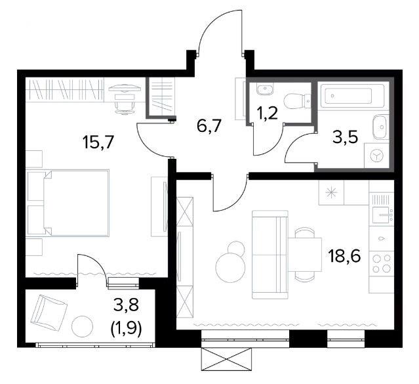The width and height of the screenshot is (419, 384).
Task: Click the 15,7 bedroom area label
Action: [98, 142]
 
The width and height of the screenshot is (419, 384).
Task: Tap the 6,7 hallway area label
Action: [209, 125]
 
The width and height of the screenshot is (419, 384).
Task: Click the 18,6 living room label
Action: [345, 256]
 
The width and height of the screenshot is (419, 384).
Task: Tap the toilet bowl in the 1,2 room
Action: [297, 101]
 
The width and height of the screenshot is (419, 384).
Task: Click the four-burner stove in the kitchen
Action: [382, 264]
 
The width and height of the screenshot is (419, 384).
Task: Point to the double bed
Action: [68, 203]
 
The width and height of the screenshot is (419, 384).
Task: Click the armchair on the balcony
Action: [48, 310]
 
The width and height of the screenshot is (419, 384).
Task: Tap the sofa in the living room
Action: [270, 255]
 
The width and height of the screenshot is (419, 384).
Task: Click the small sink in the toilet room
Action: [265, 89]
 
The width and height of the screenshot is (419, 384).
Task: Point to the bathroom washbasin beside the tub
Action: [380, 127]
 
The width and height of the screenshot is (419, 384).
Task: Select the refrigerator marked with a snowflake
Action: [331, 192]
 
